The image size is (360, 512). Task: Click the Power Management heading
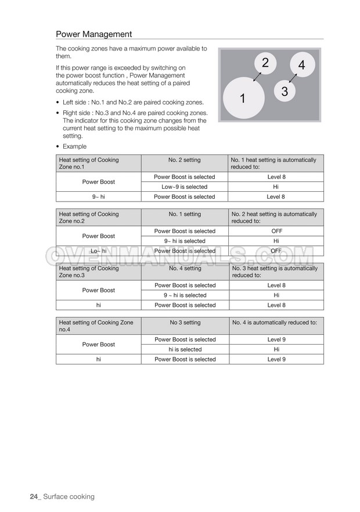[93, 34]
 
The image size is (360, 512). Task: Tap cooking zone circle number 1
[243, 98]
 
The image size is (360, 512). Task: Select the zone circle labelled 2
[265, 63]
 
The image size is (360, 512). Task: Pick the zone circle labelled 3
[284, 91]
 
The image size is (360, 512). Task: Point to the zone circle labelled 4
[301, 65]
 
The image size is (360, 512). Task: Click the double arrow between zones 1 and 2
[256, 77]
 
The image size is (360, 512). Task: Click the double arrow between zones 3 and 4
[293, 77]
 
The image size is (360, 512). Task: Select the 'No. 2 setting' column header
[184, 160]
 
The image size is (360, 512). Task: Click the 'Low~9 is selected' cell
[184, 187]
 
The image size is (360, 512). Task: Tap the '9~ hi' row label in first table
[98, 197]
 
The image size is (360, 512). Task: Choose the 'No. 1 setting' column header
[184, 214]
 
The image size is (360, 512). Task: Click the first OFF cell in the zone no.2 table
[276, 231]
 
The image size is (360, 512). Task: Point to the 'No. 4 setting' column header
[184, 268]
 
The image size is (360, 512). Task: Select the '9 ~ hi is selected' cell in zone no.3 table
[184, 295]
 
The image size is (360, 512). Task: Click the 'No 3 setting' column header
[184, 323]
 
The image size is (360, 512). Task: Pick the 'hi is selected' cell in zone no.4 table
[184, 350]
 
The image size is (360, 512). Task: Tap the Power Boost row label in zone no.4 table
[98, 345]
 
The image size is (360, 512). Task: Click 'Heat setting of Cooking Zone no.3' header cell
[98, 271]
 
